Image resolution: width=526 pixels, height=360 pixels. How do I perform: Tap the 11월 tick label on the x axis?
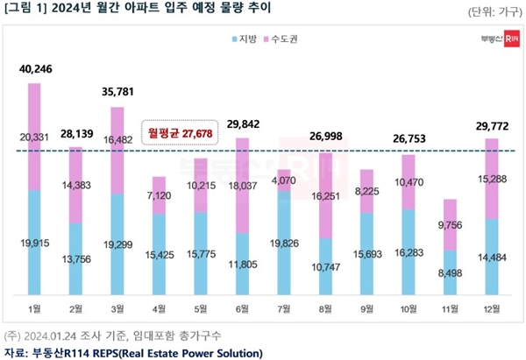pos(449,307)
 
